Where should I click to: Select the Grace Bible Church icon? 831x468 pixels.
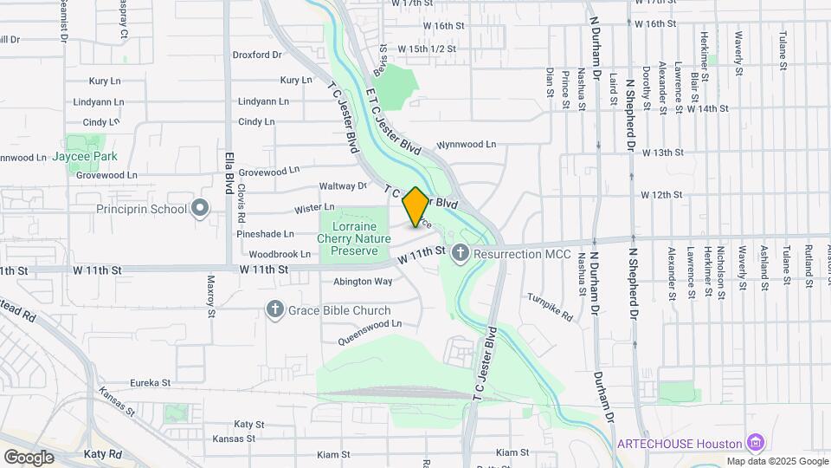(275, 310)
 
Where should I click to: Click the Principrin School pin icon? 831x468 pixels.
(201, 208)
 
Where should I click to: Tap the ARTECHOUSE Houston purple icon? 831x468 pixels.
(756, 443)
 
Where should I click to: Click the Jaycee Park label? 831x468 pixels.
(84, 156)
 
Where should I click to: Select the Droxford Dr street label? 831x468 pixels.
(257, 55)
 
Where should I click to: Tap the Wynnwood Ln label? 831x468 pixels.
(467, 145)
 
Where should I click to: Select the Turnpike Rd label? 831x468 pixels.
(551, 307)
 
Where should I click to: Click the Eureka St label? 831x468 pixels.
(151, 382)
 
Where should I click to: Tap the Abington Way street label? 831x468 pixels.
(363, 282)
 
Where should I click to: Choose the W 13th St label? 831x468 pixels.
(662, 153)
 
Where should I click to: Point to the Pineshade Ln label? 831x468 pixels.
(266, 234)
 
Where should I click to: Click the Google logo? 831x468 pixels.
(29, 457)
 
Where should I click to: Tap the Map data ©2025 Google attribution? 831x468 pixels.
(777, 461)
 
